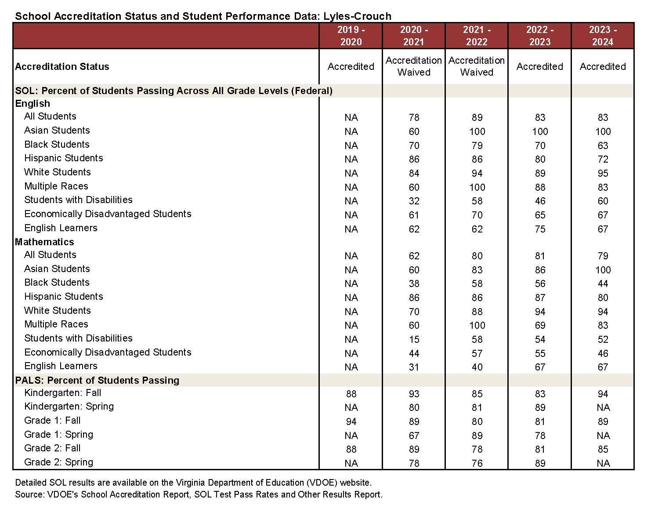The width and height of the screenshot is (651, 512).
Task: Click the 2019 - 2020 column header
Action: (351, 36)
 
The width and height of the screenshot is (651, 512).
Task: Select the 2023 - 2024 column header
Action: (603, 36)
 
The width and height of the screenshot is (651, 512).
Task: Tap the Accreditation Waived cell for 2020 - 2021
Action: (414, 66)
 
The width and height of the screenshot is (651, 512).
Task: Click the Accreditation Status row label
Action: (62, 67)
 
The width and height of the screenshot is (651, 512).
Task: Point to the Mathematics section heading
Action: (44, 242)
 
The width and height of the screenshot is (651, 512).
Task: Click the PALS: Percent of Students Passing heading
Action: (97, 380)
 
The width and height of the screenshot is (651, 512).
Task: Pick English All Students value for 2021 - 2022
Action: (477, 117)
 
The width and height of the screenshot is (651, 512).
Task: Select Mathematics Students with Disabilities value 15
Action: (414, 339)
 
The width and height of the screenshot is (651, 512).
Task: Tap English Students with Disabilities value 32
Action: (414, 201)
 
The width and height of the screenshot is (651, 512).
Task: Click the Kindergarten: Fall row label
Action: (63, 393)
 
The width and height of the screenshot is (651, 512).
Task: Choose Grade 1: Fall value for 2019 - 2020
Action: (351, 421)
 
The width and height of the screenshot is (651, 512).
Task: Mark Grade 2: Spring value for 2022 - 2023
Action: (540, 463)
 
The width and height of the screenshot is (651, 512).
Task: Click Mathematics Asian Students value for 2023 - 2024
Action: (603, 270)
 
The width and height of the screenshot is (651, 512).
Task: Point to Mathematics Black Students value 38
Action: (414, 283)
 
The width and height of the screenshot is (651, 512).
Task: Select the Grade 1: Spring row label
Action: (59, 435)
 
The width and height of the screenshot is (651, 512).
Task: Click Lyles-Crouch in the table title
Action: (357, 16)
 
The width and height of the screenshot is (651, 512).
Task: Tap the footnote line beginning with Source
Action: (199, 494)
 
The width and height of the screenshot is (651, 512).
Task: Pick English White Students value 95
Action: (603, 173)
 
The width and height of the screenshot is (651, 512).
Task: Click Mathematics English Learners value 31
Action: (414, 367)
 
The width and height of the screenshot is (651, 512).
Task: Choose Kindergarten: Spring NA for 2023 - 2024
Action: (603, 407)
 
